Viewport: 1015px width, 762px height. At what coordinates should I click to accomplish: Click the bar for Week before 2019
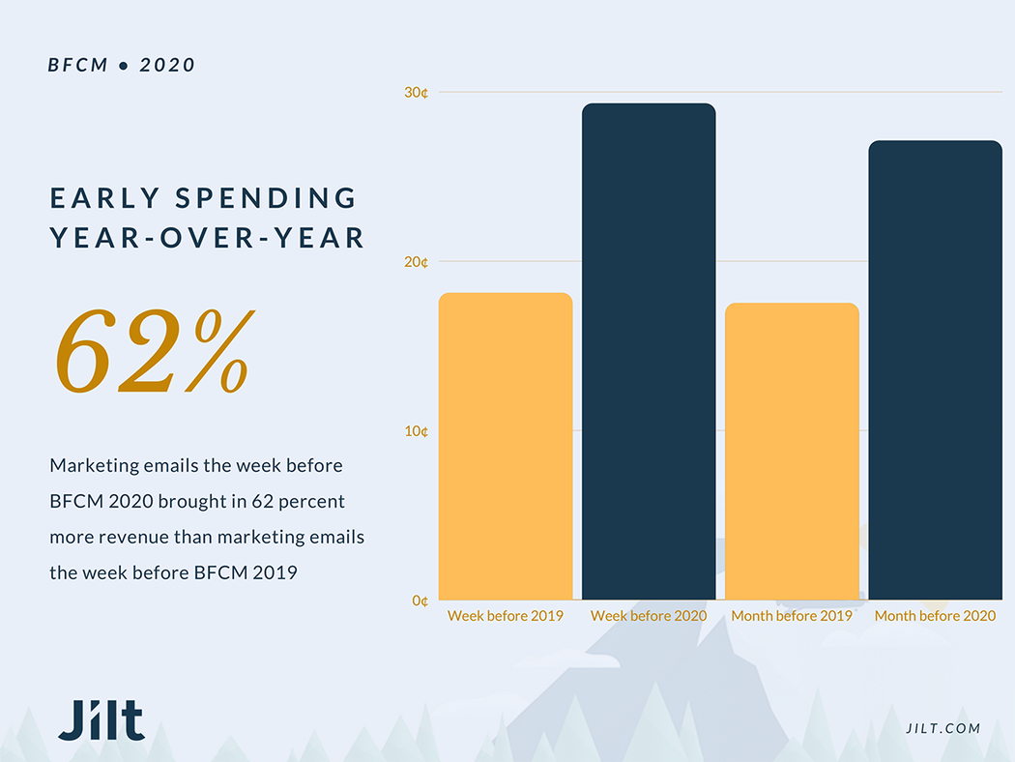[x=506, y=446]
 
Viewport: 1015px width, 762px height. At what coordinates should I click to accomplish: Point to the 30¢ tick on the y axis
[x=417, y=93]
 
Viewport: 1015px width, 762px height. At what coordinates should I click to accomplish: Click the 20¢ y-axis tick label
[x=417, y=262]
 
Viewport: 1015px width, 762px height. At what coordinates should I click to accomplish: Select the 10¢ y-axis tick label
[x=417, y=431]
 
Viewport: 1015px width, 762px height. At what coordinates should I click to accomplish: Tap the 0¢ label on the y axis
[x=420, y=601]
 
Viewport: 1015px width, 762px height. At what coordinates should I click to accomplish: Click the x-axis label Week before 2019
[x=506, y=616]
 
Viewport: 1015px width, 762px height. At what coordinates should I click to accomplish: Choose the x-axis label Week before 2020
[x=649, y=616]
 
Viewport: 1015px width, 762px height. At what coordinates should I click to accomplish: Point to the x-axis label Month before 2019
[x=792, y=616]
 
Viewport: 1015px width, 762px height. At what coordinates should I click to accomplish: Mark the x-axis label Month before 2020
[x=935, y=616]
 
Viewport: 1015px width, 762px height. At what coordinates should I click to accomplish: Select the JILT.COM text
[x=943, y=728]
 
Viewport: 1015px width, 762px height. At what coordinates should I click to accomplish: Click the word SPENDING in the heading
[x=267, y=199]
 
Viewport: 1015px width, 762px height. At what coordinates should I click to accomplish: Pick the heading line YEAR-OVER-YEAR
[x=207, y=238]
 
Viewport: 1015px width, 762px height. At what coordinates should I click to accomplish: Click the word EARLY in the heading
[x=105, y=199]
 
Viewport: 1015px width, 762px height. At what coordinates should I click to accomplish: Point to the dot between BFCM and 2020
[x=124, y=66]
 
